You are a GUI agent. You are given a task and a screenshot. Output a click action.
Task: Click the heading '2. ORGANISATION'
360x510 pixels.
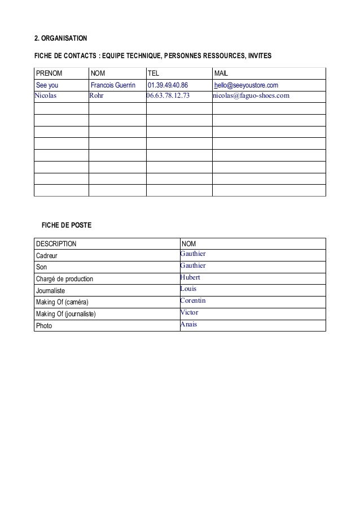61,38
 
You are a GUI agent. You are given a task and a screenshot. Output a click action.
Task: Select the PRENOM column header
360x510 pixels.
49,73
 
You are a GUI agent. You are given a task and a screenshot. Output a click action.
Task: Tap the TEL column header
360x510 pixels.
153,73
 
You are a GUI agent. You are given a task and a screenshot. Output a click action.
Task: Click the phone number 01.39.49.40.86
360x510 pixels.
168,85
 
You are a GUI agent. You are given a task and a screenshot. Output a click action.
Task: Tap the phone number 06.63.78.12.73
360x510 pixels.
168,95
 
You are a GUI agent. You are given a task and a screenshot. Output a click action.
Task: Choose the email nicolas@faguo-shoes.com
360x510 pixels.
251,95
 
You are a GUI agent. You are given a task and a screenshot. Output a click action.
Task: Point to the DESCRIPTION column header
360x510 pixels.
56,243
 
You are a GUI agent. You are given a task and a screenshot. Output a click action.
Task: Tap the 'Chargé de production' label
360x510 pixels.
64,279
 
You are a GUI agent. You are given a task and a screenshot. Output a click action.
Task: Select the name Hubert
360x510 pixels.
190,277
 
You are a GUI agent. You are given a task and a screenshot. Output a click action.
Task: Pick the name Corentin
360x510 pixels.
192,301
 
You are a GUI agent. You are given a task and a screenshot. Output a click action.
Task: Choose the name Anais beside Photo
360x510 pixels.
188,324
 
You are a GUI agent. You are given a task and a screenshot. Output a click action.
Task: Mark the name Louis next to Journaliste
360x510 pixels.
188,289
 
